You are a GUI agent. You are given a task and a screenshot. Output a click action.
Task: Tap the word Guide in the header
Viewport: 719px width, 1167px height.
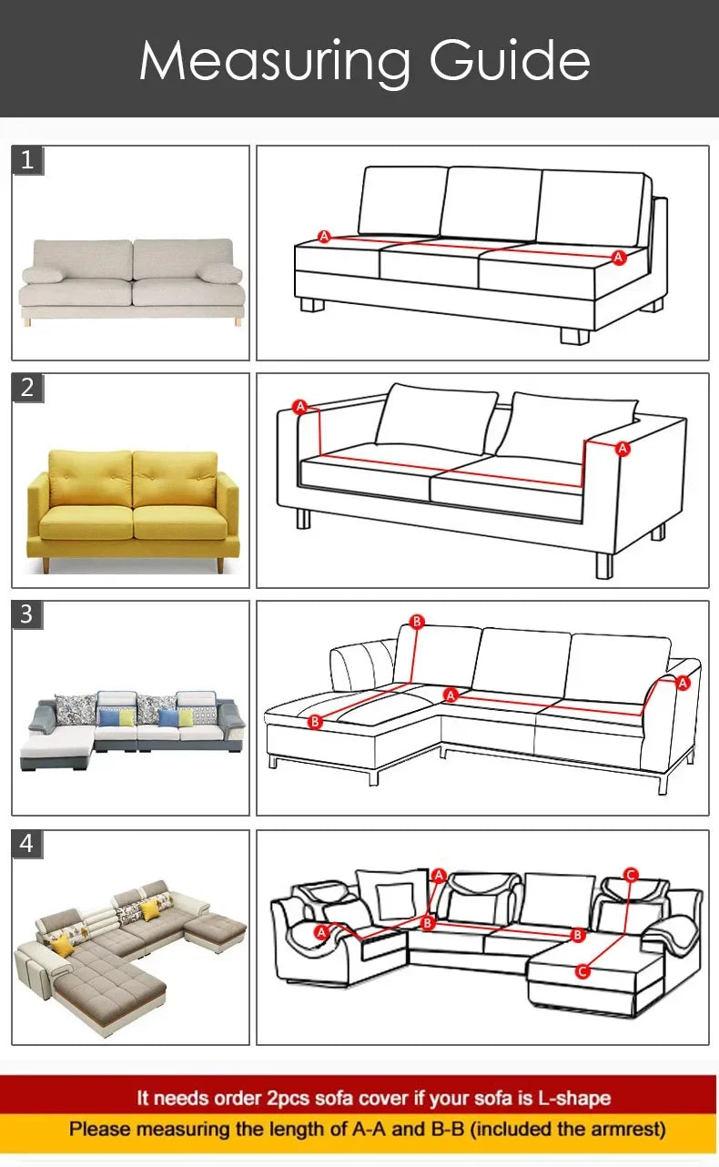coord(510,60)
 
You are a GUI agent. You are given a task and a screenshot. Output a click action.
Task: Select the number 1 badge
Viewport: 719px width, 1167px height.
coord(27,160)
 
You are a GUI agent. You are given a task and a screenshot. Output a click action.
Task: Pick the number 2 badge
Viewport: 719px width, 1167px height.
coord(27,387)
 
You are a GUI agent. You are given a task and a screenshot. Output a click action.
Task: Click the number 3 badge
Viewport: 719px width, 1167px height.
coord(27,614)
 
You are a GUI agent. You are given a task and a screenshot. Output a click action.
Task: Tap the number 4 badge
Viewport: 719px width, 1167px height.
coord(27,844)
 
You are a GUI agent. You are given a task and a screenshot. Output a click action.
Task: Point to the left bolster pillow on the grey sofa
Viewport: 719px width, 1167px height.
coord(43,275)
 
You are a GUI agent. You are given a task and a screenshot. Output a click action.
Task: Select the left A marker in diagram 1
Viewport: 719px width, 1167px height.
coord(324,237)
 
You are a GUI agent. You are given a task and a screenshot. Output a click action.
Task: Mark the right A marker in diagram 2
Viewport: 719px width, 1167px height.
coord(623,448)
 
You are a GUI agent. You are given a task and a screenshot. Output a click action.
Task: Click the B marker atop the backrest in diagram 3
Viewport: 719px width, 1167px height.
coord(417,622)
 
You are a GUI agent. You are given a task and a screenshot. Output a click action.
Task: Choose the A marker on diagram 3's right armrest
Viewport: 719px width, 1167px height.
coord(683,682)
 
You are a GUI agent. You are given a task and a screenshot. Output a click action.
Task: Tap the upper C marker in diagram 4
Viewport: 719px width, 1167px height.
coord(631,876)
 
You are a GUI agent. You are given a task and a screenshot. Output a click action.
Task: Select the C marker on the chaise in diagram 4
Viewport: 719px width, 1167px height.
coord(582,972)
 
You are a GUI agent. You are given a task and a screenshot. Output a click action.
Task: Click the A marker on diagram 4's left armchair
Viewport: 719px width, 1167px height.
coord(321,932)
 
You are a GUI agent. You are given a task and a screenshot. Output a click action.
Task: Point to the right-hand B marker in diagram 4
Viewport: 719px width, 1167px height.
coord(576,934)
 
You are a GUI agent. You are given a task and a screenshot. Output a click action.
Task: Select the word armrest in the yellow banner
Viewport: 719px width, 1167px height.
coord(628,1130)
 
